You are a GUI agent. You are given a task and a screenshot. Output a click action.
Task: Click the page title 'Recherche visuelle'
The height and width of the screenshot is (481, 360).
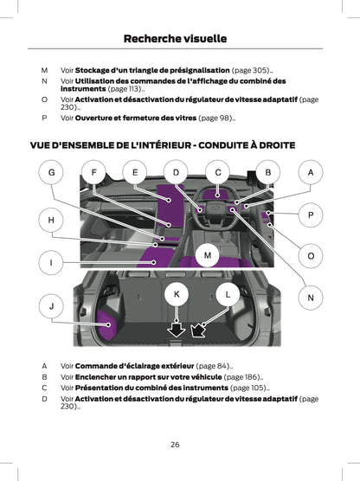pyautogui.click(x=175, y=38)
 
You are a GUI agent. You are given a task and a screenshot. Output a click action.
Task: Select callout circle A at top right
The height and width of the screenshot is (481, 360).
pyautogui.click(x=310, y=173)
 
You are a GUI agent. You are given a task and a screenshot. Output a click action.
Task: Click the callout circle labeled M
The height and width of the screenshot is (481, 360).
pyautogui.click(x=208, y=253)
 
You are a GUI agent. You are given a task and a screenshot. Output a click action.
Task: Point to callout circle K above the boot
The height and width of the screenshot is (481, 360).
pyautogui.click(x=177, y=295)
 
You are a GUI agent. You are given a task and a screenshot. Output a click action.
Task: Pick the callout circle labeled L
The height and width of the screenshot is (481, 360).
pyautogui.click(x=228, y=295)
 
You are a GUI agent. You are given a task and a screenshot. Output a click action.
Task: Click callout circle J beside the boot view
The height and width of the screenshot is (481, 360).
pyautogui.click(x=51, y=306)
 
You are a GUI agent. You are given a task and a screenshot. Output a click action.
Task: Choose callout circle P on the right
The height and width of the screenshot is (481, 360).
pyautogui.click(x=310, y=214)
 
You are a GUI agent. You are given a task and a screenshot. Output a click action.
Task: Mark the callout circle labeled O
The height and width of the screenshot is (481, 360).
pyautogui.click(x=310, y=256)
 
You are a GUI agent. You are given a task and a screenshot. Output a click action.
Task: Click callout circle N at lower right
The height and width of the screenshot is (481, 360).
pyautogui.click(x=310, y=298)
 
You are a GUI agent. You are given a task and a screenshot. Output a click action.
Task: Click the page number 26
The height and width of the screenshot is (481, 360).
pyautogui.click(x=175, y=444)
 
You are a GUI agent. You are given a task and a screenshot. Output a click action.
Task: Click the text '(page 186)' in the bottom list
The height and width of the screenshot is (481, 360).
pyautogui.click(x=243, y=377)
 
